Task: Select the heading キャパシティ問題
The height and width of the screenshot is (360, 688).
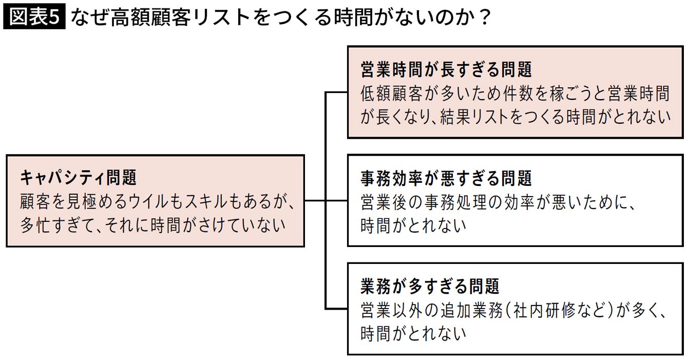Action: click(x=78, y=178)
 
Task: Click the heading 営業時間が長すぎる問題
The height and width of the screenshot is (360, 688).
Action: click(x=446, y=69)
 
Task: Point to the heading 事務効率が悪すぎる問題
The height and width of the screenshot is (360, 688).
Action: click(x=446, y=179)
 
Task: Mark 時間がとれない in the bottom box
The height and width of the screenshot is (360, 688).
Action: click(x=413, y=333)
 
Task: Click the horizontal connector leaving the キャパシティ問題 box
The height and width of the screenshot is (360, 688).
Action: click(x=315, y=201)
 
